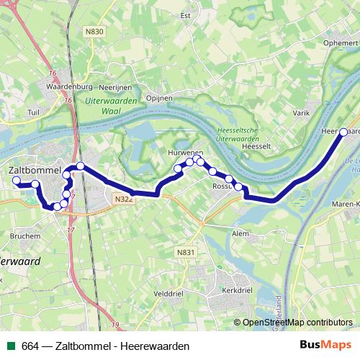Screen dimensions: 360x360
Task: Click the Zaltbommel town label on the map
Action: [x=35, y=170]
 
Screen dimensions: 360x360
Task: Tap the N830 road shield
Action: [x=94, y=31]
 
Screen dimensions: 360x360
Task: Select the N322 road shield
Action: [x=122, y=199]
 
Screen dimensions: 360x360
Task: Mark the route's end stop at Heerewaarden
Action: [x=343, y=132]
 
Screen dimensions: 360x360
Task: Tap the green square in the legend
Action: [x=10, y=346]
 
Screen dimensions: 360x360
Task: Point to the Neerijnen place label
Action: [x=116, y=86]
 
